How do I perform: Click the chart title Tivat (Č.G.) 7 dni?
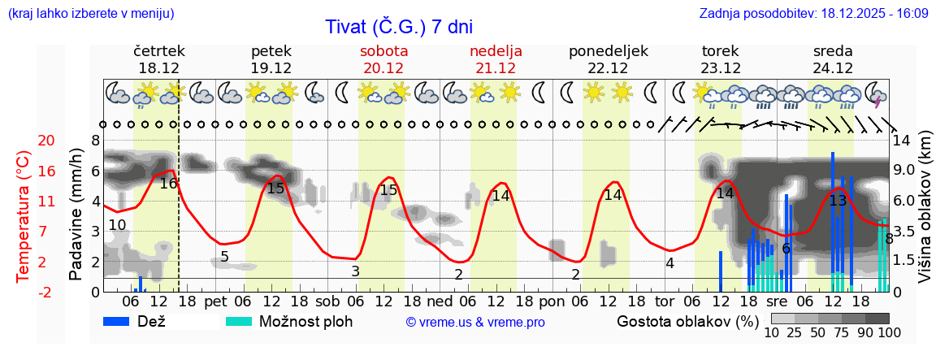click(x=399, y=27)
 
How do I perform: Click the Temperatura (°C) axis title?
click(x=24, y=216)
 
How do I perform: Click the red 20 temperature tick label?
click(x=24, y=141)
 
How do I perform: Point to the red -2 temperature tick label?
click(x=24, y=292)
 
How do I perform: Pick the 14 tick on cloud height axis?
click(x=902, y=141)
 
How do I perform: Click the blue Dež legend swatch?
click(x=122, y=321)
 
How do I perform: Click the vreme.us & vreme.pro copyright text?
click(x=475, y=322)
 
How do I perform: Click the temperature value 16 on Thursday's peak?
click(x=168, y=184)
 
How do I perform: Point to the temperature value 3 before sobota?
click(x=355, y=271)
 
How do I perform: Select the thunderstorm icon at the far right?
click(x=877, y=94)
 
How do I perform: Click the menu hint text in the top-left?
click(x=90, y=13)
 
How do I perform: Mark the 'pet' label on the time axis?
click(x=215, y=301)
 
